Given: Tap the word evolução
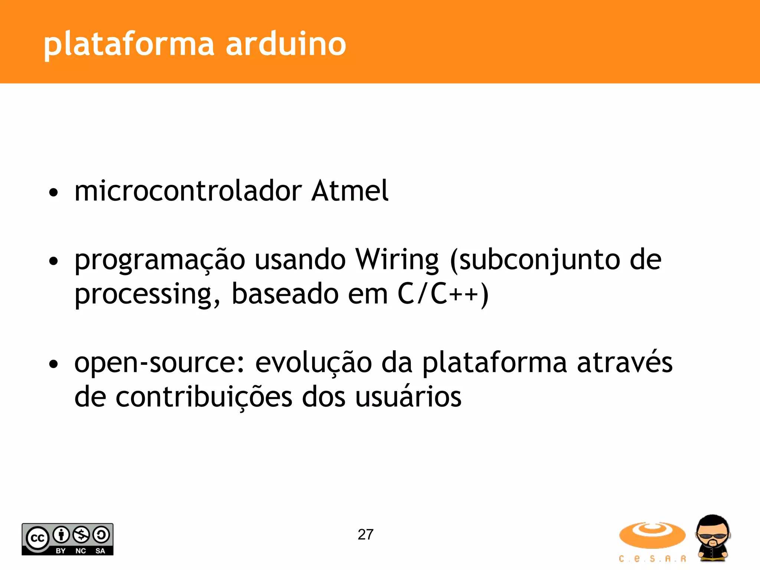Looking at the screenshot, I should tap(313, 363).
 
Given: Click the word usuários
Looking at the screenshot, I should tap(408, 397).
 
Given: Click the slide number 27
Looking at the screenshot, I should tap(366, 535).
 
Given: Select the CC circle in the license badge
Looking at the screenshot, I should tap(37, 538).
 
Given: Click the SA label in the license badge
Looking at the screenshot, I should tap(100, 551).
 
